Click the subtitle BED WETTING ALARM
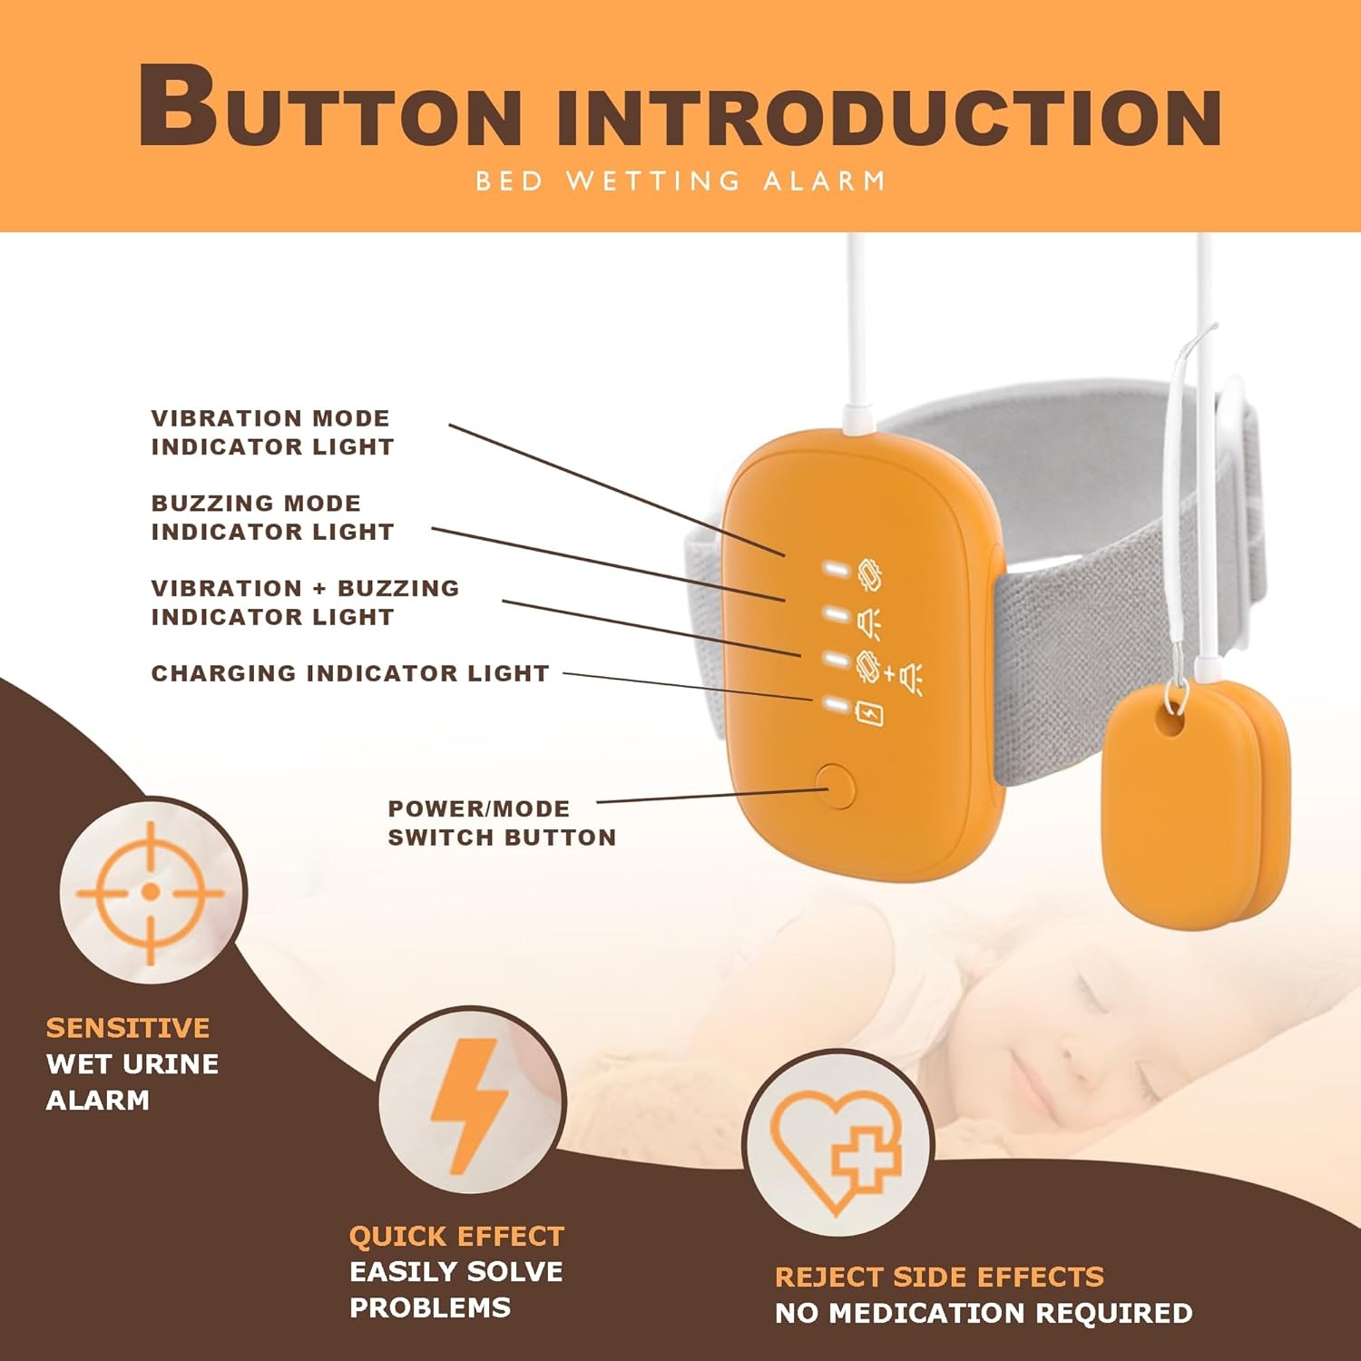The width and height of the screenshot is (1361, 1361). [680, 181]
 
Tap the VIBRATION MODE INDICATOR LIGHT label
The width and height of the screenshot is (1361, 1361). [272, 433]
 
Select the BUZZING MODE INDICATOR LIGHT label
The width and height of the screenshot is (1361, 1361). [272, 517]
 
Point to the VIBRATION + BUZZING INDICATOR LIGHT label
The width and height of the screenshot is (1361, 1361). [305, 602]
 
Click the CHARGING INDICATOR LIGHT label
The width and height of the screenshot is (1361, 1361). [350, 673]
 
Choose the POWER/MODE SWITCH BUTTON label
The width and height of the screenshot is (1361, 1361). [501, 823]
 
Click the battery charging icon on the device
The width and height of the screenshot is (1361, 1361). [870, 714]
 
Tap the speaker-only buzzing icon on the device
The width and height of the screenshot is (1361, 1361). [869, 623]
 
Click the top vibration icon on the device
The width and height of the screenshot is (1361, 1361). [869, 574]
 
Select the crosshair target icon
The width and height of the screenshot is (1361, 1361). [152, 892]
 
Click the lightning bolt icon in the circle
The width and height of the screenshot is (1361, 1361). [470, 1101]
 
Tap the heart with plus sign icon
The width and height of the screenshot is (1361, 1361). [837, 1145]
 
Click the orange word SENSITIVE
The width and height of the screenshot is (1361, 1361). [128, 1028]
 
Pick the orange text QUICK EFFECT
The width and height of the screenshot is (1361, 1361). [456, 1237]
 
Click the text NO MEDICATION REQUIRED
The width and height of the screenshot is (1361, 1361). [984, 1313]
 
